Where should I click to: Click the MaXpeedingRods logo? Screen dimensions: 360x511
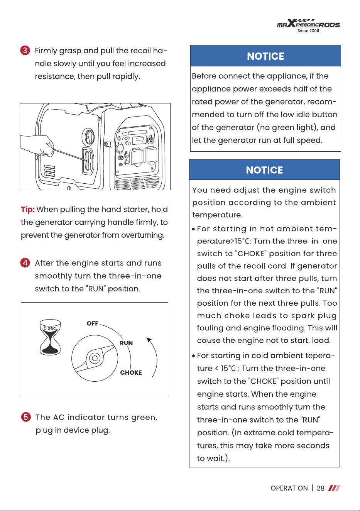click(x=308, y=24)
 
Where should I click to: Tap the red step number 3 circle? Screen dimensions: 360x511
click(x=25, y=51)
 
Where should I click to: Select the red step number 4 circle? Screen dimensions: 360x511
click(x=25, y=263)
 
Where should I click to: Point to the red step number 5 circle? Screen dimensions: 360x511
click(x=26, y=417)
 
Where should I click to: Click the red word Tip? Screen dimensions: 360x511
click(x=28, y=210)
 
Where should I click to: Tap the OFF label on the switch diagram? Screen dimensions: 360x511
click(x=92, y=323)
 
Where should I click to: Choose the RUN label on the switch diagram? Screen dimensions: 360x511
click(x=126, y=343)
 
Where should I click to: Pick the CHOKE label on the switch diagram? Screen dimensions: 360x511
click(x=131, y=372)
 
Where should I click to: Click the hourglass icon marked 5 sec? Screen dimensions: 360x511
click(x=50, y=337)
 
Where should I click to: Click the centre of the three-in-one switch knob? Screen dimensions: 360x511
click(x=95, y=358)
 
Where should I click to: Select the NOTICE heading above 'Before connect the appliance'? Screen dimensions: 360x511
click(x=265, y=56)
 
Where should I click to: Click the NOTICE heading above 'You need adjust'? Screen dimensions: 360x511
click(x=264, y=170)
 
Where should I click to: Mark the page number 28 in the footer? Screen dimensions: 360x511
click(x=320, y=488)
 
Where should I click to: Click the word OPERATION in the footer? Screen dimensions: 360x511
click(x=289, y=488)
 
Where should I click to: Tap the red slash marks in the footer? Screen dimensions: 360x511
click(x=334, y=488)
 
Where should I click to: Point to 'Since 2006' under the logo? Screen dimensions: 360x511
click(x=308, y=30)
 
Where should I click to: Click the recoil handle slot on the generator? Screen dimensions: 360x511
click(x=88, y=161)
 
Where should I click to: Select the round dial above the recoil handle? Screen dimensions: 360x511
click(x=88, y=137)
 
